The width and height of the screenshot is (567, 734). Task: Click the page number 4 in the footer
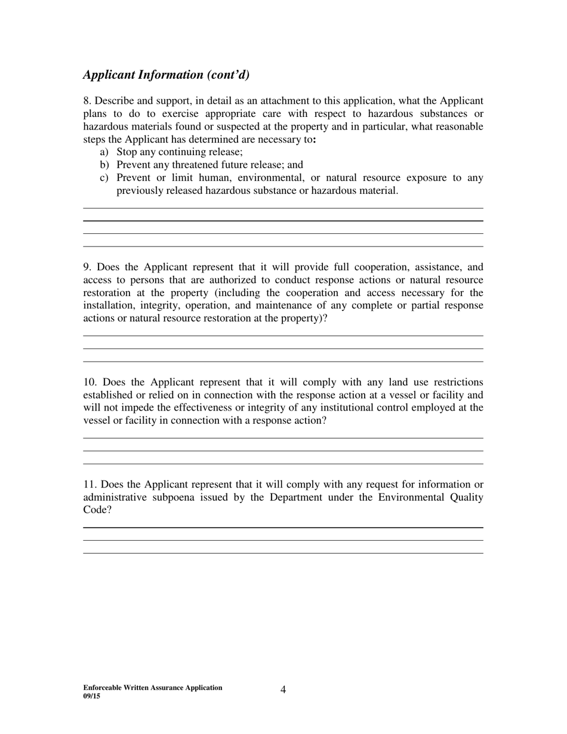pyautogui.click(x=283, y=690)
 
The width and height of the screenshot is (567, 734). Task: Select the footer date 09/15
pyautogui.click(x=92, y=695)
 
